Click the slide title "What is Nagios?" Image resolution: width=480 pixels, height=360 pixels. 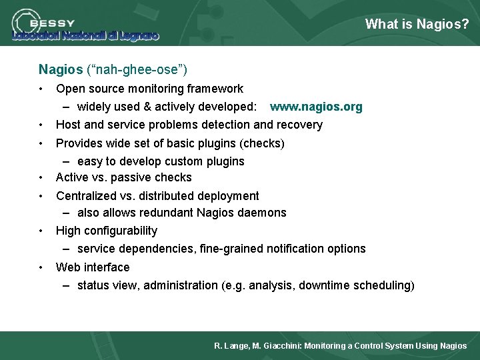point(417,25)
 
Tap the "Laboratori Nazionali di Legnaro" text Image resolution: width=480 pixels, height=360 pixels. point(85,36)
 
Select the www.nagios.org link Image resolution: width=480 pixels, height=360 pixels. point(316,107)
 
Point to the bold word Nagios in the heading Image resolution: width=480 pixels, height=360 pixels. point(61,69)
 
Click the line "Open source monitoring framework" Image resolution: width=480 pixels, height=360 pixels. point(149,89)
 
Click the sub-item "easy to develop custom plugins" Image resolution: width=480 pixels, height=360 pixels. point(161,161)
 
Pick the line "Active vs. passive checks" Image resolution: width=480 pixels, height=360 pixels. point(123,177)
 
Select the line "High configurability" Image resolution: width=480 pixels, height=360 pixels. point(107,231)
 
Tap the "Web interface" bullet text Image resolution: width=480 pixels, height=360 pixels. point(93,267)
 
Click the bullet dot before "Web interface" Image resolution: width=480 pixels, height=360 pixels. point(41,267)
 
